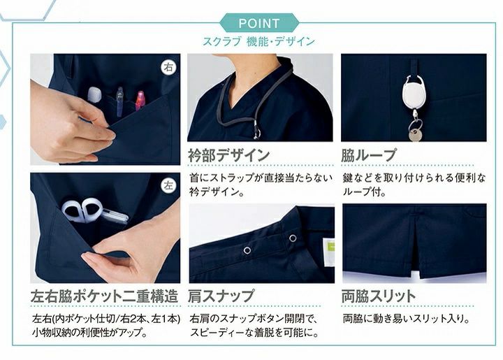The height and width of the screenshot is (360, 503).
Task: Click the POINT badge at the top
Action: [x=259, y=23]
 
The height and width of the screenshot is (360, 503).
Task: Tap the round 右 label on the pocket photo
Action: [x=168, y=67]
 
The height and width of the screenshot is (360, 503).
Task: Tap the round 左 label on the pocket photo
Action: [x=168, y=185]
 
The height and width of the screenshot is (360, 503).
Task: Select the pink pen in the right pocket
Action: [x=140, y=100]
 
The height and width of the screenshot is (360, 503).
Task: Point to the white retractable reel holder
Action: [x=413, y=94]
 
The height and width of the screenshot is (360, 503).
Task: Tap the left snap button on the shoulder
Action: [x=247, y=250]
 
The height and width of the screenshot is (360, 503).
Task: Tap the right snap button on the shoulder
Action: [x=293, y=238]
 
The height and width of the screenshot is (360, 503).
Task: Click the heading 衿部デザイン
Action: [x=229, y=154]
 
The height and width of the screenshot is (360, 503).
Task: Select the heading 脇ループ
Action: [x=369, y=155]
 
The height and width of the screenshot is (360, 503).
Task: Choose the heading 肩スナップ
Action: [x=221, y=296]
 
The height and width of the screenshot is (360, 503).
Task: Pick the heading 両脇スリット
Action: [x=379, y=296]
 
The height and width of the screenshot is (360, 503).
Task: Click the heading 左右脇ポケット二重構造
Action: [x=105, y=296]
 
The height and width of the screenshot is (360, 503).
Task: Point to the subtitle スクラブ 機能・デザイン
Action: [x=258, y=41]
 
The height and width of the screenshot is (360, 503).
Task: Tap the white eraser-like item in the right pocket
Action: [x=94, y=94]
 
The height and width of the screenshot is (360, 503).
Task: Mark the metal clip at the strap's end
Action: [x=256, y=129]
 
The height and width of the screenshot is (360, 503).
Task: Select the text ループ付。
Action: [x=364, y=192]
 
